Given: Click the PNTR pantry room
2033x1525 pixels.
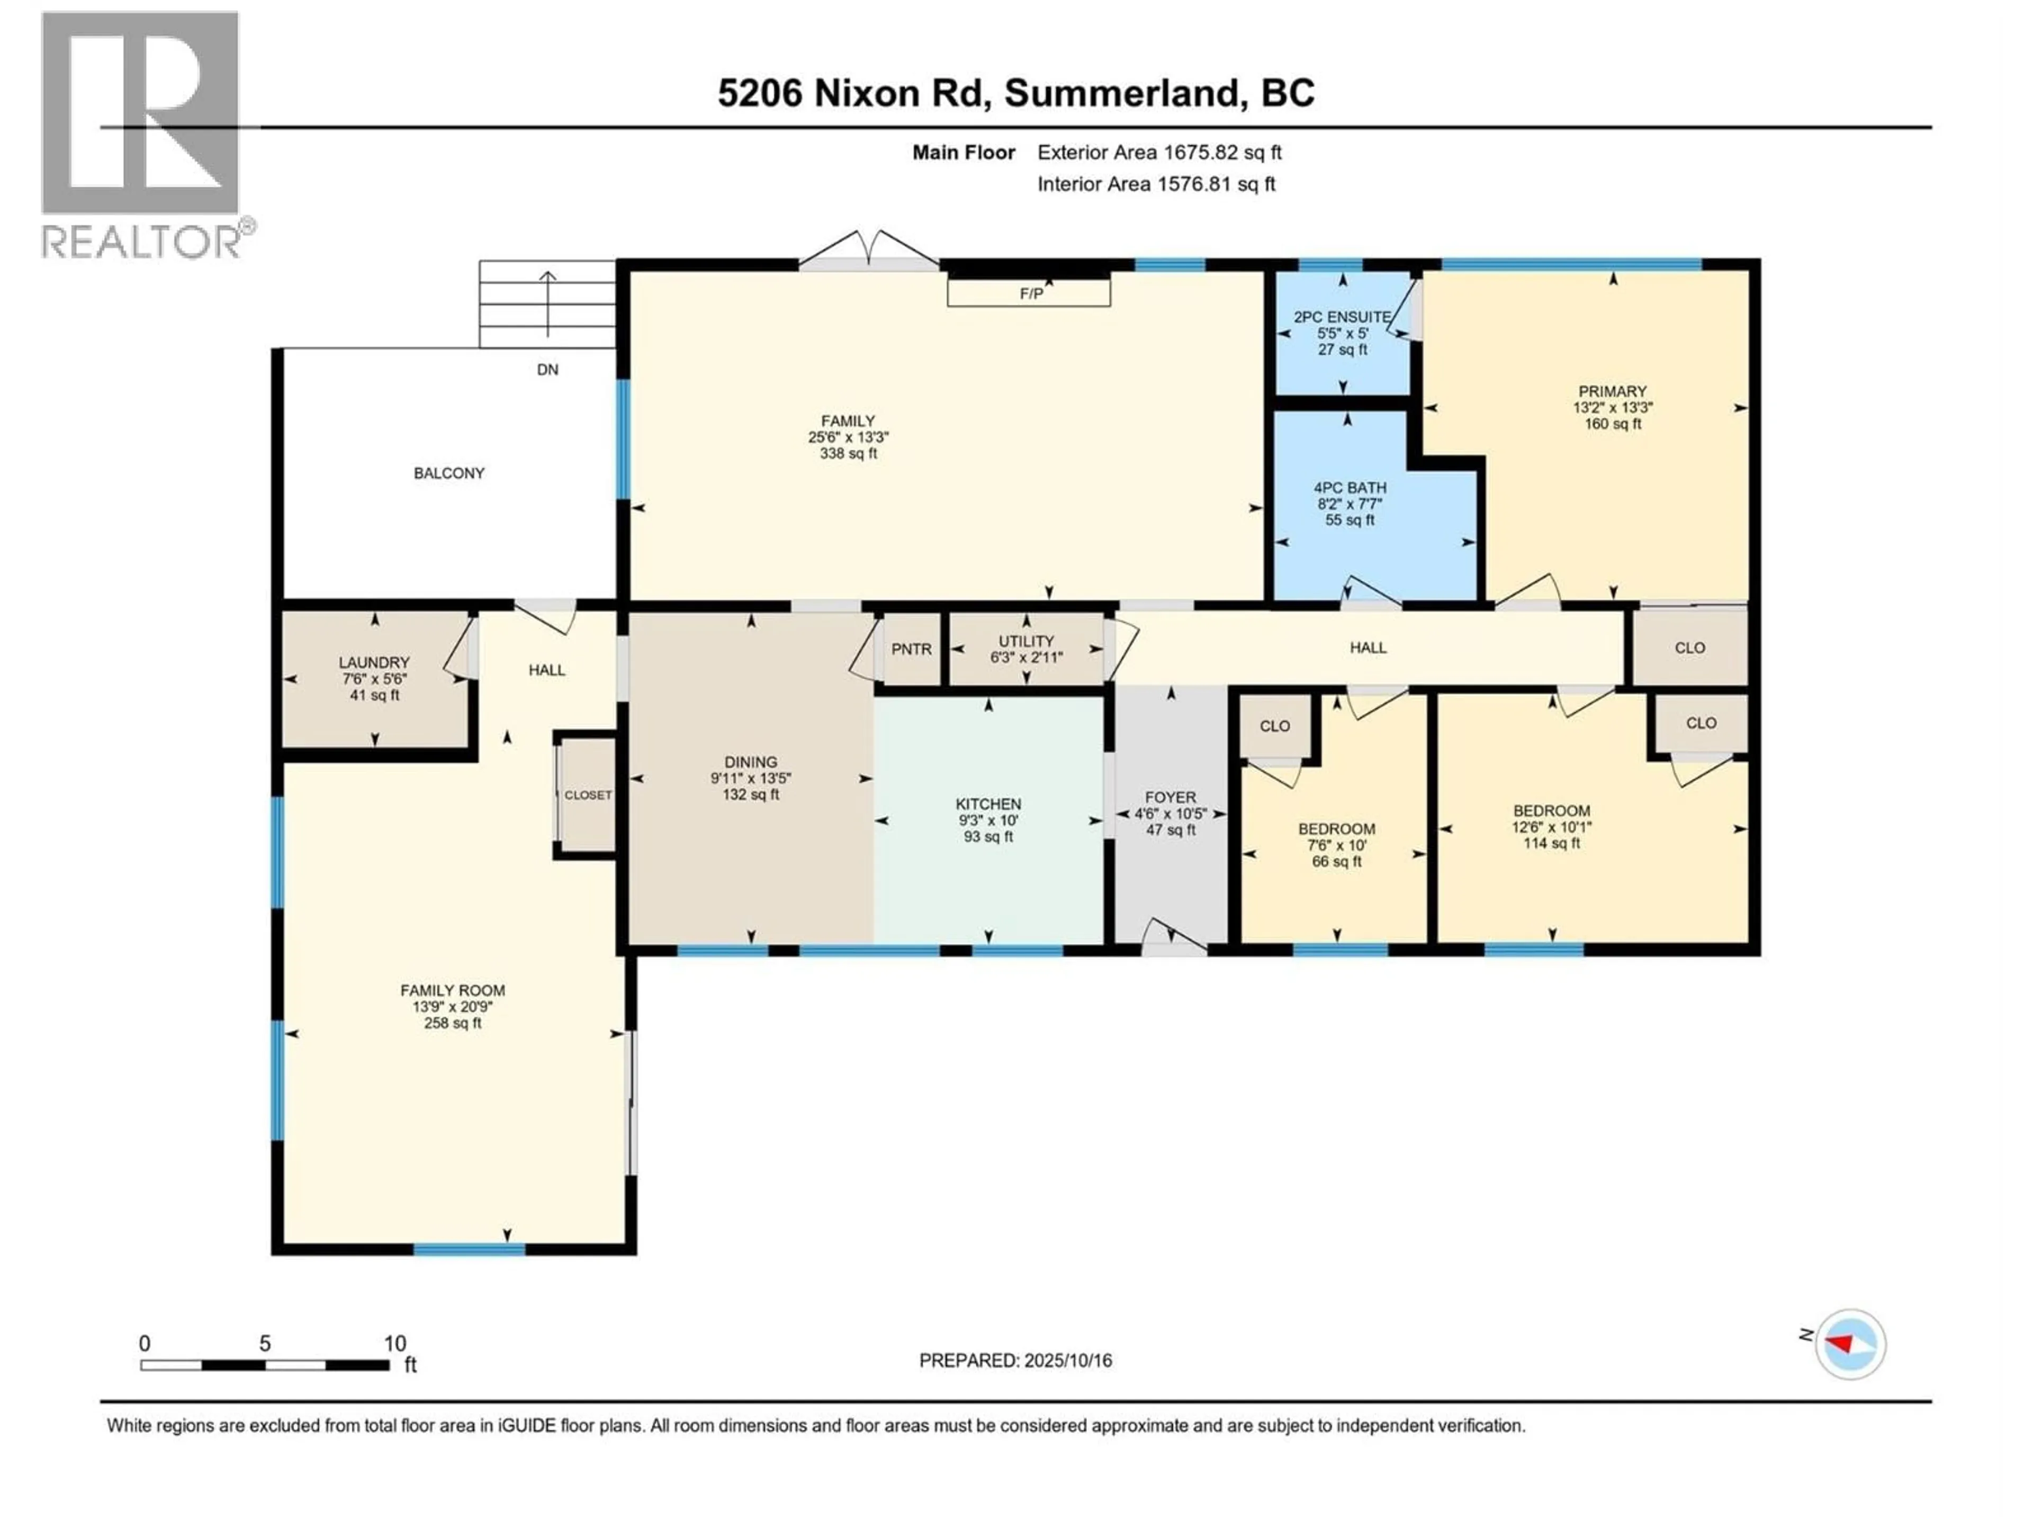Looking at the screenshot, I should pyautogui.click(x=911, y=649).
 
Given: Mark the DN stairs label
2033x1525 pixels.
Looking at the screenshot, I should pyautogui.click(x=547, y=370).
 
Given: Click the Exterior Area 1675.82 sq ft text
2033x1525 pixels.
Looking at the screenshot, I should pyautogui.click(x=1159, y=152).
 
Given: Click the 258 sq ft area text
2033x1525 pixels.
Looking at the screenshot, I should pyautogui.click(x=452, y=1023).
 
